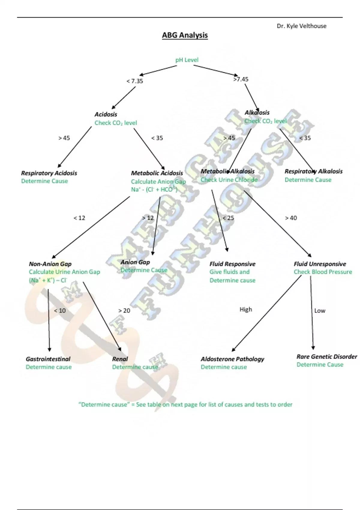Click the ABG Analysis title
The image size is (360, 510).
pyautogui.click(x=185, y=35)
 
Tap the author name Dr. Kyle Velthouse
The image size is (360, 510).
pyautogui.click(x=301, y=26)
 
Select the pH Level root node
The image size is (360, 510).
pyautogui.click(x=187, y=60)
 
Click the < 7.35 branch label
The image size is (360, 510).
pyautogui.click(x=135, y=81)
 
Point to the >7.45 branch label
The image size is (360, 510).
pyautogui.click(x=241, y=79)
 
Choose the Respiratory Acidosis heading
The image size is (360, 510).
pyautogui.click(x=49, y=173)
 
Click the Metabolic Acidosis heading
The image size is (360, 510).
pyautogui.click(x=157, y=173)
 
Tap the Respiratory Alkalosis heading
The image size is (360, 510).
pyautogui.click(x=313, y=171)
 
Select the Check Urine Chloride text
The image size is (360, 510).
pyautogui.click(x=229, y=180)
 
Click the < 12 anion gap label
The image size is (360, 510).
pyautogui.click(x=79, y=218)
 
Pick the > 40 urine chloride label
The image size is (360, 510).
pyautogui.click(x=291, y=218)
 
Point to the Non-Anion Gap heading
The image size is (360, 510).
pyautogui.click(x=50, y=264)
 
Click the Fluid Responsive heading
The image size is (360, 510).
pyautogui.click(x=232, y=264)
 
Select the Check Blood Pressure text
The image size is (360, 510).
pyautogui.click(x=323, y=272)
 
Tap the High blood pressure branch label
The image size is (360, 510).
pyautogui.click(x=246, y=309)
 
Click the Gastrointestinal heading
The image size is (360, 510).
pyautogui.click(x=48, y=359)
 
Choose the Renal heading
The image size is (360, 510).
pyautogui.click(x=120, y=359)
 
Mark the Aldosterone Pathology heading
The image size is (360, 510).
pyautogui.click(x=232, y=359)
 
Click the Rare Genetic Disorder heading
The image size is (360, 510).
pyautogui.click(x=327, y=357)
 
